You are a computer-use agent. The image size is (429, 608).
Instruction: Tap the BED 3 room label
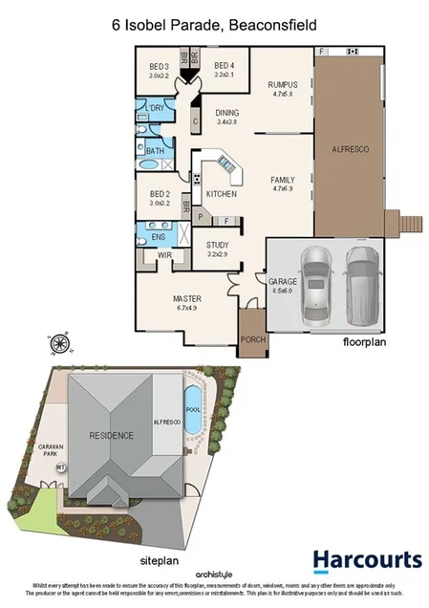158,66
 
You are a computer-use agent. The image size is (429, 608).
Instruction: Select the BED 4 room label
225,66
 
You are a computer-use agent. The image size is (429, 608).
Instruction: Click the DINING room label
227,114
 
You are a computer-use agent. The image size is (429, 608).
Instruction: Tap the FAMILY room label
283,180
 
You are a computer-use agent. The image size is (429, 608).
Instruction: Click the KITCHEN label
221,194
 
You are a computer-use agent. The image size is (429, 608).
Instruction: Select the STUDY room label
219,245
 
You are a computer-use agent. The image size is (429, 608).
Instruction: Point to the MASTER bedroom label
186,298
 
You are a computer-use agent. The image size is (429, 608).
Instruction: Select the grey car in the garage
360,284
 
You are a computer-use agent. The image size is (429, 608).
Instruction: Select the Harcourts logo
366,560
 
